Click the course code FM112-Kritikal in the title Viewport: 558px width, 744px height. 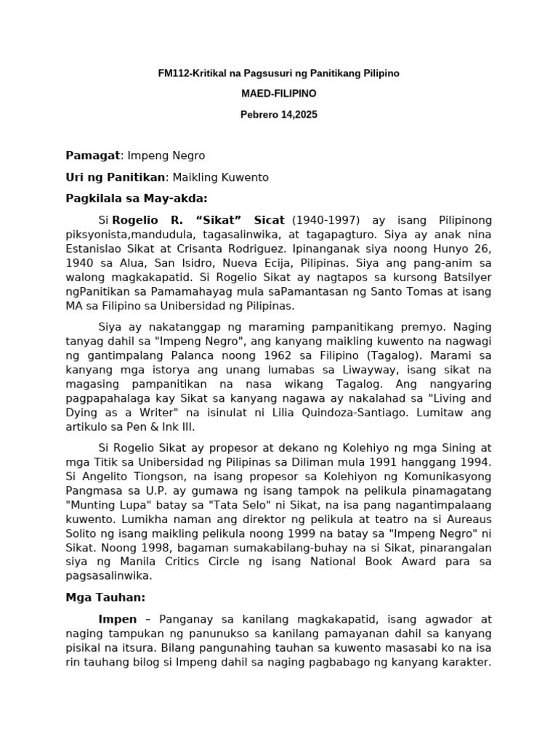click(x=192, y=73)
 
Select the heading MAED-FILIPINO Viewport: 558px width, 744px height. click(x=278, y=94)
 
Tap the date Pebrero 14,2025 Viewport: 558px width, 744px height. click(x=278, y=114)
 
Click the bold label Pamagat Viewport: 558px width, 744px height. click(x=92, y=155)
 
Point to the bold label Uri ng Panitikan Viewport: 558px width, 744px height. click(x=116, y=177)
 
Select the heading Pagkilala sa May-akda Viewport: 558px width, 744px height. click(x=137, y=198)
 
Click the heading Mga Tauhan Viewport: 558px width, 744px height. click(x=105, y=597)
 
